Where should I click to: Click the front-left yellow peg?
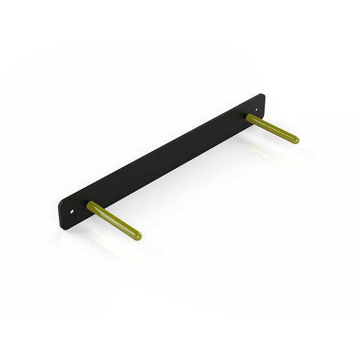click(114, 220)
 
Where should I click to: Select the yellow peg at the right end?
click(273, 129)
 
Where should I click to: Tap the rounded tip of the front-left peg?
click(137, 236)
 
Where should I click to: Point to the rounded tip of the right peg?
click(296, 140)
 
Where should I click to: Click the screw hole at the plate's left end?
click(73, 210)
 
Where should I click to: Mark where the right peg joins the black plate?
click(249, 117)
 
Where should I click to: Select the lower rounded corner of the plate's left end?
click(62, 227)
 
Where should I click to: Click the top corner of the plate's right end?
click(262, 95)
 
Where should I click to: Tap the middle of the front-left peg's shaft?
click(114, 220)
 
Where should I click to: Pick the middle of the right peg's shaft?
click(273, 129)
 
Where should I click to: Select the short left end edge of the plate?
click(60, 214)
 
